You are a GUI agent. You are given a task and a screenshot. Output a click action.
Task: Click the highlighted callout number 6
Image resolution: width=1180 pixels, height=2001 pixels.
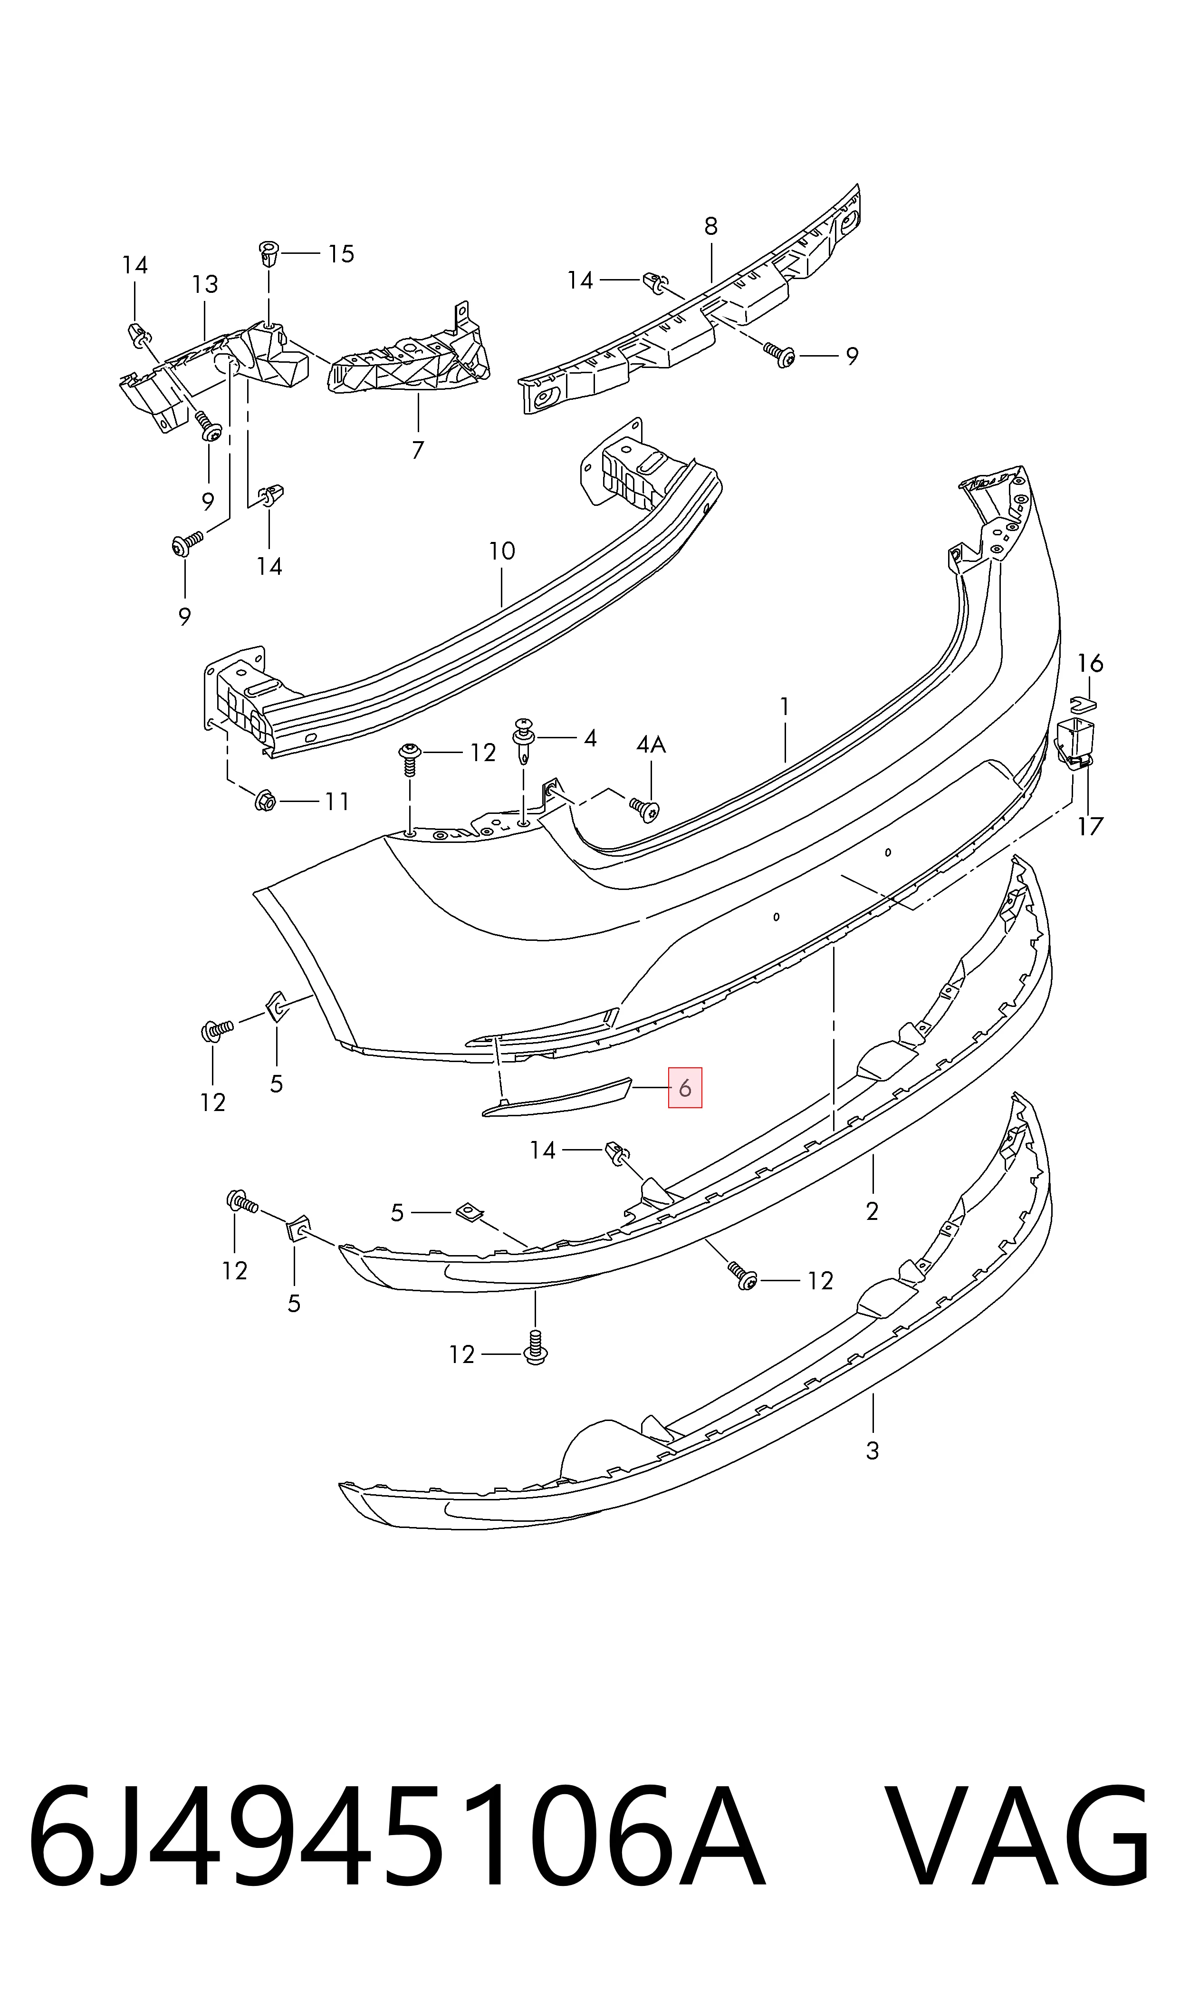click(x=685, y=1087)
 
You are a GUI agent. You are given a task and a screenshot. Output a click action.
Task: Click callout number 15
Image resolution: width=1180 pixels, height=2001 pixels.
click(x=341, y=254)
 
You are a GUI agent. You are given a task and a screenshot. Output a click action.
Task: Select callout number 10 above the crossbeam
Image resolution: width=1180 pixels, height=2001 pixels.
click(x=502, y=551)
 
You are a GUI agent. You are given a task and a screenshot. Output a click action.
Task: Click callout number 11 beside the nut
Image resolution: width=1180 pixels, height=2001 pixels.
click(x=337, y=802)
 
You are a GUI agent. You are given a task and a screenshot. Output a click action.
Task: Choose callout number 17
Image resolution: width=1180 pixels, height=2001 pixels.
click(x=1090, y=826)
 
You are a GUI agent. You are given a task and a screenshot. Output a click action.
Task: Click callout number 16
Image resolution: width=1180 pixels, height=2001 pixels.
click(x=1090, y=663)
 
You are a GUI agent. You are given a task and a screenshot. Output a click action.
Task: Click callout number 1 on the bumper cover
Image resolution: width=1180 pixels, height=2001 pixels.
click(x=785, y=706)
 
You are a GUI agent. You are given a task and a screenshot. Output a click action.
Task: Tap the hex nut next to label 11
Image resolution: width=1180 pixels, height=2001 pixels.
click(x=267, y=802)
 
